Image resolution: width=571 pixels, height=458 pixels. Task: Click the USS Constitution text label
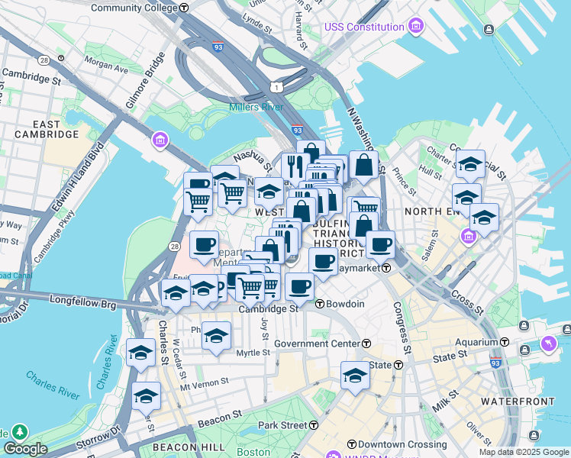[364, 27]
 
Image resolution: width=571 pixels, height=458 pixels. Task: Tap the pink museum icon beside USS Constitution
[415, 27]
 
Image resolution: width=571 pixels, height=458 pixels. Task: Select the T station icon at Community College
[185, 8]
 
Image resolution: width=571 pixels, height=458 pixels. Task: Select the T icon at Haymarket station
[387, 268]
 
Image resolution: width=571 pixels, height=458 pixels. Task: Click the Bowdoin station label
[345, 304]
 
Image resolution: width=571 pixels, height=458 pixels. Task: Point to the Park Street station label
[282, 424]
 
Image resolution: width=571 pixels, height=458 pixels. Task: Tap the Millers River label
[256, 107]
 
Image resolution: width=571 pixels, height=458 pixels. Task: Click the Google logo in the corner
[25, 449]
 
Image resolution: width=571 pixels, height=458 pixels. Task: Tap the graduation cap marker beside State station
[355, 376]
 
